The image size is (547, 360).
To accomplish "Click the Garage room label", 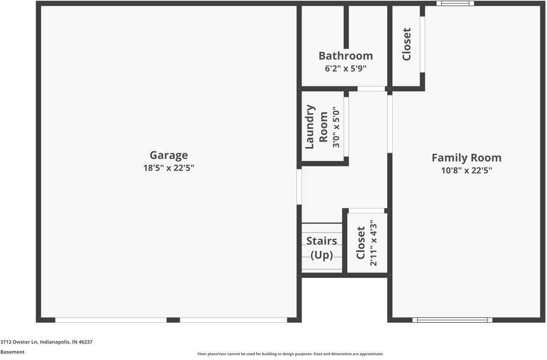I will point(169,155).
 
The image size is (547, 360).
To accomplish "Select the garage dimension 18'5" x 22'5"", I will point(169,169).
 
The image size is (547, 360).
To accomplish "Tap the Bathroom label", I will point(345,56).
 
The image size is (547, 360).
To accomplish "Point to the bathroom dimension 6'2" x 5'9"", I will point(345,68).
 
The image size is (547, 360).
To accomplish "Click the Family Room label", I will point(467,158).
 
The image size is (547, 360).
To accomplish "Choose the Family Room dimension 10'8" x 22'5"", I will point(467,170).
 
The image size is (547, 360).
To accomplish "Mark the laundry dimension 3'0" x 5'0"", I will point(336,127).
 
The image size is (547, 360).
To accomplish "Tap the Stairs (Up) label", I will point(321,248).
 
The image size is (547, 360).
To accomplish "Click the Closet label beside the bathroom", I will point(406,44).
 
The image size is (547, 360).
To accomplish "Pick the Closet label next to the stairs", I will point(360,243).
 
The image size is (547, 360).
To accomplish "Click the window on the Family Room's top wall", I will point(455,4).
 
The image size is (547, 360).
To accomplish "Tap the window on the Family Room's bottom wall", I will point(452,320).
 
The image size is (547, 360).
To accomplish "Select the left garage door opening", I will point(110,320).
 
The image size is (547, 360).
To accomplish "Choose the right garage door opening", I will point(233,320).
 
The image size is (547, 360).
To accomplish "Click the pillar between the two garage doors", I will point(173,320).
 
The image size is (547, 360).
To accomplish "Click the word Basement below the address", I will point(13,352).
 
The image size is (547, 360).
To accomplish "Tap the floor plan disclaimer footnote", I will point(290,354).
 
